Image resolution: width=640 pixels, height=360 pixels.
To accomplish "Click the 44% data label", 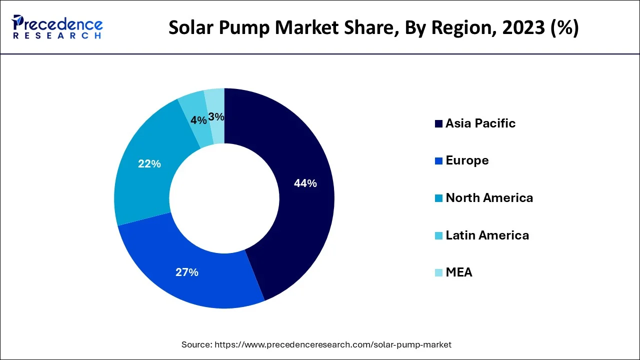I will (305, 183).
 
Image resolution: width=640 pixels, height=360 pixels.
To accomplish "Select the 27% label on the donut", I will (187, 272).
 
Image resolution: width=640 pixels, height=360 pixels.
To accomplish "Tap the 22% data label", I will (149, 163).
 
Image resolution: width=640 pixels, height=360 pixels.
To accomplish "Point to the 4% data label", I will (198, 120).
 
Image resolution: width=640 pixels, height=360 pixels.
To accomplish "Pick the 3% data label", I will (216, 117).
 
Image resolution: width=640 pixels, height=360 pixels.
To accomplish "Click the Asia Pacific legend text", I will (480, 123).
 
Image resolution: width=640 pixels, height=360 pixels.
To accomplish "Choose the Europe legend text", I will (467, 160).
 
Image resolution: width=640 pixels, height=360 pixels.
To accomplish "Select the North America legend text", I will (489, 198).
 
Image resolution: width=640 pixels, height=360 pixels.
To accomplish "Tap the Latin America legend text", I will (487, 235).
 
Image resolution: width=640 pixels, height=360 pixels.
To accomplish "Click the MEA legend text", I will (459, 272).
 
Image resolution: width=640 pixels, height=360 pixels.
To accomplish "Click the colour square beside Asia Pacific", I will (438, 124).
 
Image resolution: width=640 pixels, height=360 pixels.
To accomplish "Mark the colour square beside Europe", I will (438, 161).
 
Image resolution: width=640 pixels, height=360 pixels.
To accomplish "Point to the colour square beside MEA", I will (438, 273).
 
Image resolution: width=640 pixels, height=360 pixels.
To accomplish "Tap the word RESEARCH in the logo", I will (57, 36).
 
